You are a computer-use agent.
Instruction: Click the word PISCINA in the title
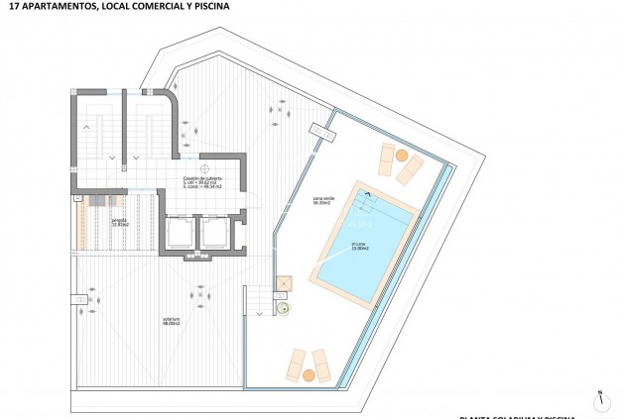click(209, 6)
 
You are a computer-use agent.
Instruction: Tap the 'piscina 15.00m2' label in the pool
click(360, 245)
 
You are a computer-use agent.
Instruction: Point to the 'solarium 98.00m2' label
click(172, 320)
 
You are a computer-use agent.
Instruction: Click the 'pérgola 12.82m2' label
click(120, 223)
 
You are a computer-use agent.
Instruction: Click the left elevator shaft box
click(182, 233)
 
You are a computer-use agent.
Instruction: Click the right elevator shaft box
click(214, 233)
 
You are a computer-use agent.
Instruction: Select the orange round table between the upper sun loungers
click(401, 155)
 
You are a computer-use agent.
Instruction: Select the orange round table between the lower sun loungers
click(309, 374)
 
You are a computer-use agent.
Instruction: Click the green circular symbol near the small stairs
click(282, 309)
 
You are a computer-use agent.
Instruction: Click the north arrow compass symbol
click(601, 401)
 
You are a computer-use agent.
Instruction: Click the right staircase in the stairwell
click(148, 128)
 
